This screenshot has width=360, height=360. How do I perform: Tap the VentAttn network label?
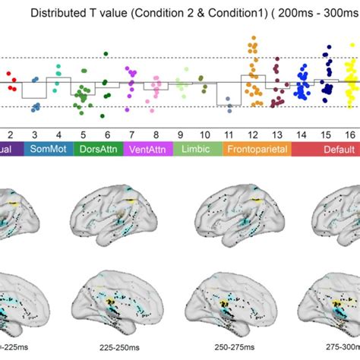point(147,150)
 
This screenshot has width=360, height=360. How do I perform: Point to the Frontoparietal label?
point(257,150)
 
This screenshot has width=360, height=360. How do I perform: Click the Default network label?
point(327,150)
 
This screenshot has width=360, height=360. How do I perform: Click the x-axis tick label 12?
point(253,134)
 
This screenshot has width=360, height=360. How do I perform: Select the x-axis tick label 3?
point(35,134)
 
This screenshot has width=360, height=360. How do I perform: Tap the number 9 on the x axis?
point(181,134)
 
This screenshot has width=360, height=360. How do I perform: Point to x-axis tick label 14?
point(302,134)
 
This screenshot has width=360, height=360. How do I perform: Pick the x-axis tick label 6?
point(107,134)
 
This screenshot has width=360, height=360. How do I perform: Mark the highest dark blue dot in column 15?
point(328,47)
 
